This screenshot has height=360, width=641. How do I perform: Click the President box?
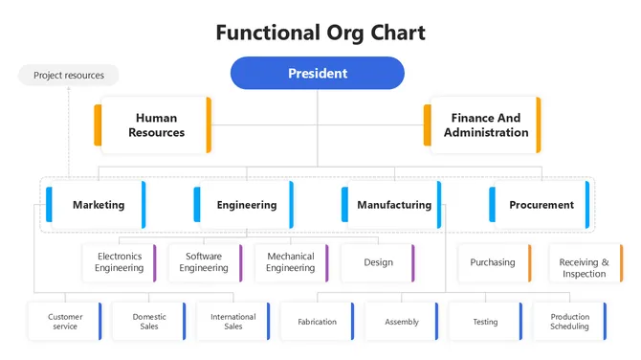317,73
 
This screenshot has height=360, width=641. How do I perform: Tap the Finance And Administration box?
484,125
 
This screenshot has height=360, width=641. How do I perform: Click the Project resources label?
68,75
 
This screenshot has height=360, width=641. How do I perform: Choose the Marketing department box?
98,205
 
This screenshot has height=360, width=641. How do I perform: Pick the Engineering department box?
245,205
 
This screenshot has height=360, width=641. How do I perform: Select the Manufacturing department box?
392,205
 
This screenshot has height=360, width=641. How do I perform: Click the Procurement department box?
541,205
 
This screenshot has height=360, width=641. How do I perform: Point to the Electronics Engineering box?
119,262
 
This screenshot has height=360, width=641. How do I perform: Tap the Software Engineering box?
204,262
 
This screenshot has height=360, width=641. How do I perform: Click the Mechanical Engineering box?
290,262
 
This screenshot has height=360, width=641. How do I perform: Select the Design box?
378,262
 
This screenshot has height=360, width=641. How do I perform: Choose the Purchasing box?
494,262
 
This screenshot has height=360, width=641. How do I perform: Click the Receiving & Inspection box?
583,268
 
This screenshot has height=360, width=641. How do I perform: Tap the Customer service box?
65,322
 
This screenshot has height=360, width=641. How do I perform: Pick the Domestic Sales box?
149,322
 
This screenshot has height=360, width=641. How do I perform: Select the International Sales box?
232,322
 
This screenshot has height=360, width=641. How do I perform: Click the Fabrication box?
317,322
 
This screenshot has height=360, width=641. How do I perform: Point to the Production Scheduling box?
569,322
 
